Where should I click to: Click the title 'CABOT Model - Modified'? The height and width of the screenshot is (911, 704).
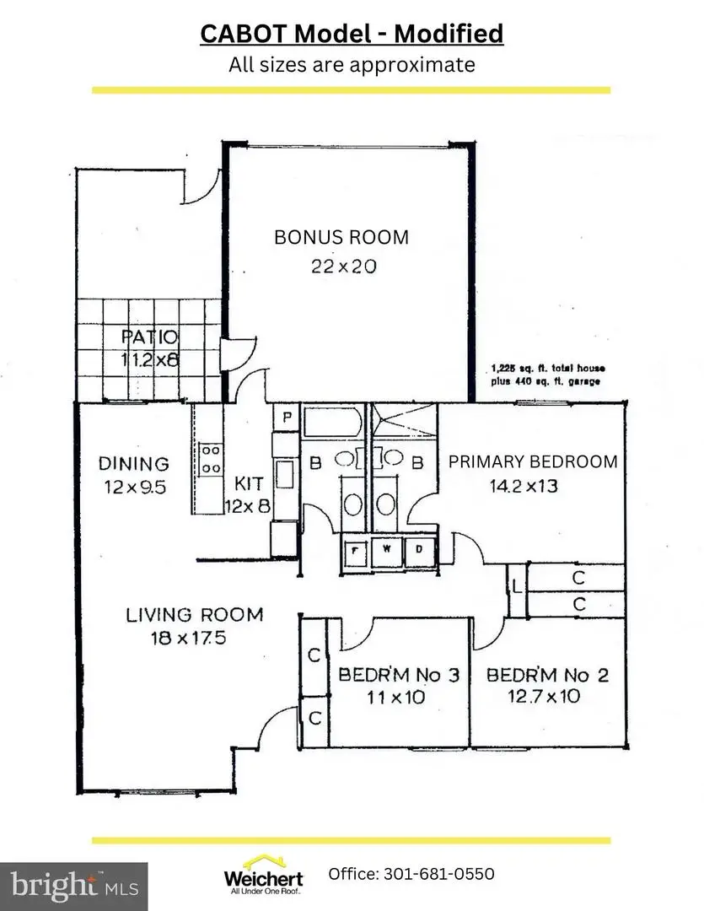[352, 34]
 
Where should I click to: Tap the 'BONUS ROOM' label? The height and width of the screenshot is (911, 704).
[341, 237]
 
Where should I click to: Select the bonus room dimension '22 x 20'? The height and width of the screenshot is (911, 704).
[341, 267]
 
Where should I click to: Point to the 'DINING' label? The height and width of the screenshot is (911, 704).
[133, 463]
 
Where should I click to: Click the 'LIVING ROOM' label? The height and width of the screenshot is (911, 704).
[194, 614]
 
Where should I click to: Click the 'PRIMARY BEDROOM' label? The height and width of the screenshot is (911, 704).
[532, 461]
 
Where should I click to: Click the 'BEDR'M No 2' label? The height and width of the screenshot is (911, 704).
[547, 675]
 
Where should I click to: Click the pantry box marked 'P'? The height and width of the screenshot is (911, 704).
[287, 417]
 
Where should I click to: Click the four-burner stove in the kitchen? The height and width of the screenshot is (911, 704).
[210, 458]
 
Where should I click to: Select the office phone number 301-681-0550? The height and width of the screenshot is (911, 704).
[411, 873]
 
